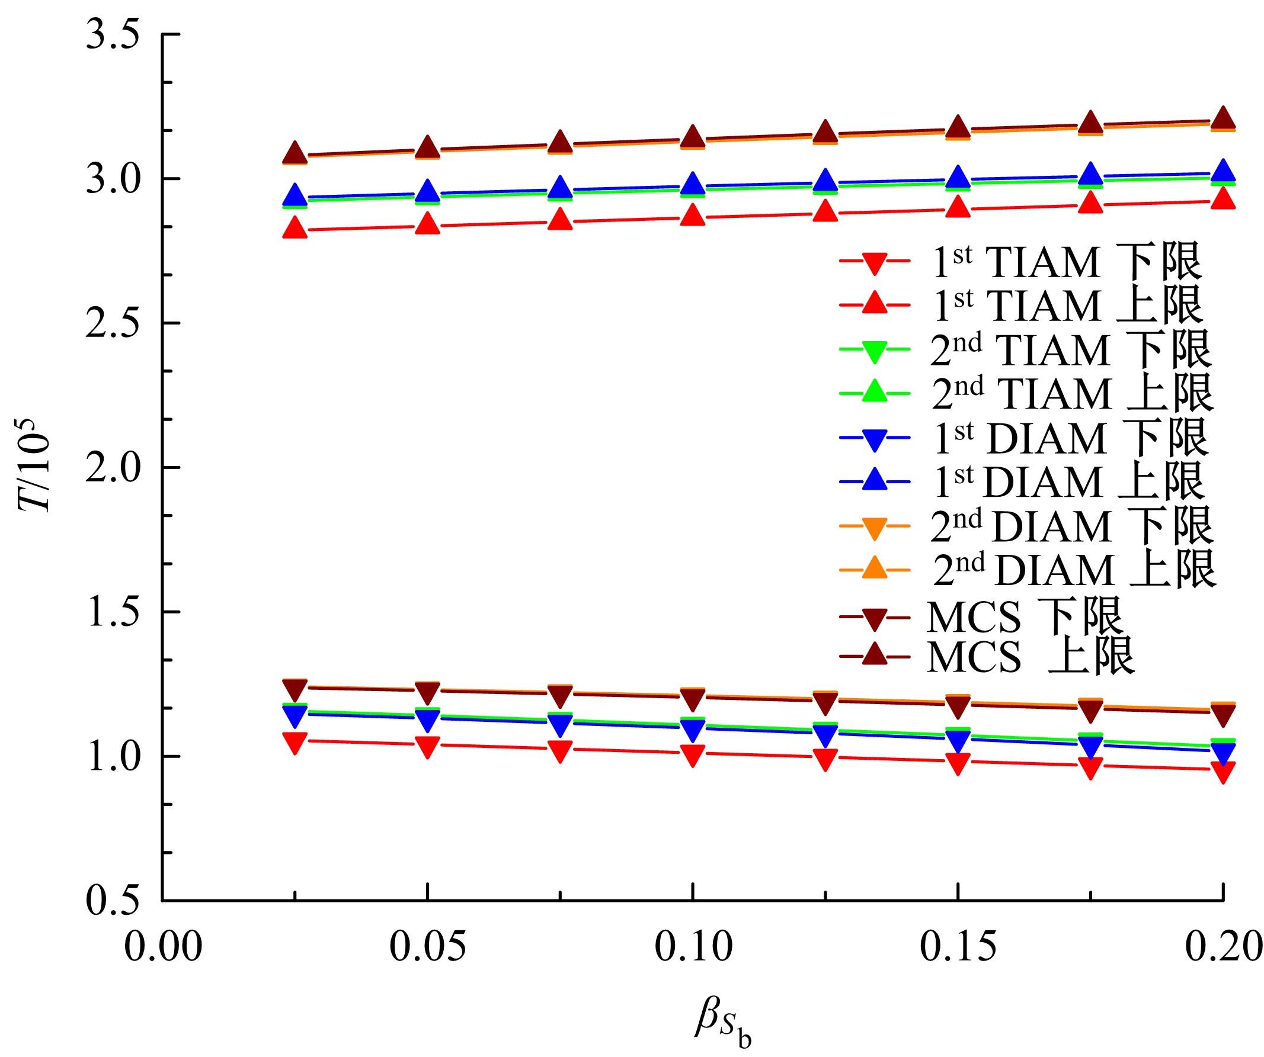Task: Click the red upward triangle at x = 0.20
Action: point(1223,198)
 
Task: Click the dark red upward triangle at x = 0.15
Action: point(958,127)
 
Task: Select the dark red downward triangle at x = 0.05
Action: point(427,692)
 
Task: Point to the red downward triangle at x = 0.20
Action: point(1223,771)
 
